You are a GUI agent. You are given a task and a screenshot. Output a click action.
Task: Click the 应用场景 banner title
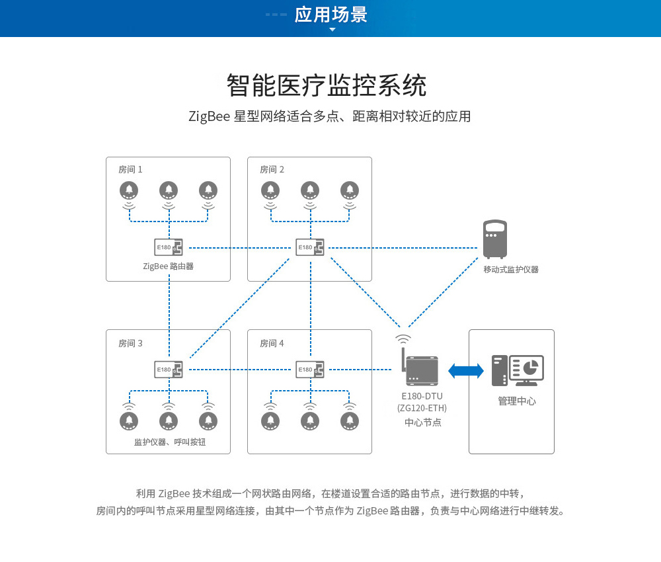[330, 15]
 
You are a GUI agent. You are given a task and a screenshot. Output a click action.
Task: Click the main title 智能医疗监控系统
[327, 86]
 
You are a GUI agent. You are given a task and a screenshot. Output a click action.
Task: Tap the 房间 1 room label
[130, 169]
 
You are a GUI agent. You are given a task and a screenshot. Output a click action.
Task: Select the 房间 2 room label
[272, 169]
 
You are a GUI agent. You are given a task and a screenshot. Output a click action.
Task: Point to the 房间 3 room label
[130, 343]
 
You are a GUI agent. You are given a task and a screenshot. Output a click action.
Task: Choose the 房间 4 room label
[272, 343]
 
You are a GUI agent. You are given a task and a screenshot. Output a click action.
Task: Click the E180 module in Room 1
[168, 248]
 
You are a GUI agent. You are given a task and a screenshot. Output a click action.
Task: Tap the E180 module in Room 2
[309, 248]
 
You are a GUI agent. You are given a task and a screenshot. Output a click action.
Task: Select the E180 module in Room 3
[168, 370]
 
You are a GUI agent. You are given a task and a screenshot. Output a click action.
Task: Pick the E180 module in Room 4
[309, 370]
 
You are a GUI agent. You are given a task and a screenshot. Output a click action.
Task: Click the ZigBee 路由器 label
[168, 266]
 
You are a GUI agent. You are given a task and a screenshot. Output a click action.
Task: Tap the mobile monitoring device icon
[494, 239]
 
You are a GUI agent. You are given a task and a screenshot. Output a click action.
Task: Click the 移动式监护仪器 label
[511, 270]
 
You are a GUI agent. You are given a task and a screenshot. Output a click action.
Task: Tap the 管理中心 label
[517, 401]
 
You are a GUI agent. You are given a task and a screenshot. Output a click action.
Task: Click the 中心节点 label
[422, 422]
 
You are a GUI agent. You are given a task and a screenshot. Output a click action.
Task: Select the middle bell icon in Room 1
[169, 190]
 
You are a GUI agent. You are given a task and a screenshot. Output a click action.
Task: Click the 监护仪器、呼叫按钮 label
[170, 442]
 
